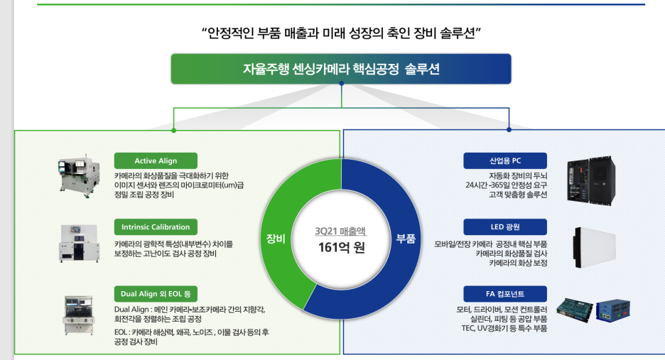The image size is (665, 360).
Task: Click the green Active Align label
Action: [156, 161]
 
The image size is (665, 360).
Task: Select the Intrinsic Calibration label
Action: [156, 227]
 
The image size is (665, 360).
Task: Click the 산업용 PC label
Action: [505, 161]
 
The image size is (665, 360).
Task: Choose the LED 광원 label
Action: [505, 227]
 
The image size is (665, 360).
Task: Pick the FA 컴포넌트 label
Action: [505, 294]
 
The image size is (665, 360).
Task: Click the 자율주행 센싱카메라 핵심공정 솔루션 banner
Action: [341, 70]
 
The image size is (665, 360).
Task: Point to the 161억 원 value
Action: [342, 249]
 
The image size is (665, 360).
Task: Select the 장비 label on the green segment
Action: [275, 239]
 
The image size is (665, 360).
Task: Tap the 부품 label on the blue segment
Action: [406, 239]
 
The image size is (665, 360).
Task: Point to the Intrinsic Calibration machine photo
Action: [80, 244]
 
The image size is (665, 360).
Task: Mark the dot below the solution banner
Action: [342, 84]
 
